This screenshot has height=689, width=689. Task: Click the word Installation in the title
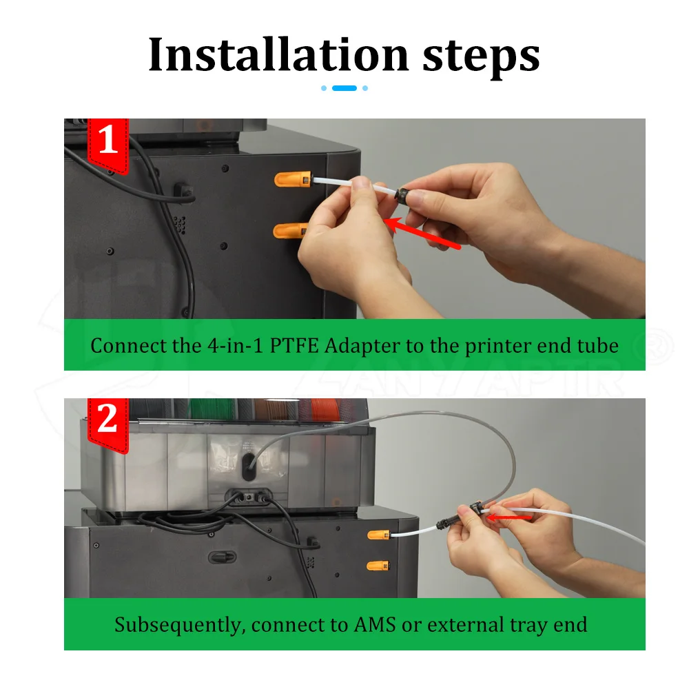tap(278, 54)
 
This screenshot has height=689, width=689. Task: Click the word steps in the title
tap(481, 57)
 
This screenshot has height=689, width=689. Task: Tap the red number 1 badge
tap(108, 145)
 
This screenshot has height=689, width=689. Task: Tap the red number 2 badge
tap(108, 424)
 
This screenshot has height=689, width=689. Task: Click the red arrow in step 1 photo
tap(422, 233)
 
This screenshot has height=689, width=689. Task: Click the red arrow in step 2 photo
tap(510, 517)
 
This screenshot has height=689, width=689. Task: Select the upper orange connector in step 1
tap(293, 179)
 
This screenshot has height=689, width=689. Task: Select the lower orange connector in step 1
tap(290, 230)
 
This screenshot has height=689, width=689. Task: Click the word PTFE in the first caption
tap(294, 346)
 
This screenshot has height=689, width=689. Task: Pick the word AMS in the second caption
tap(375, 624)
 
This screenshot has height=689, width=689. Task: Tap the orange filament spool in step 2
tap(325, 409)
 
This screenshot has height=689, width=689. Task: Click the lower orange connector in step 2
tap(378, 566)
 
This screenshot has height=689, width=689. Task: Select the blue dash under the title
tap(344, 88)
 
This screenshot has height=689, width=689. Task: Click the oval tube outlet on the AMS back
tap(248, 466)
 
